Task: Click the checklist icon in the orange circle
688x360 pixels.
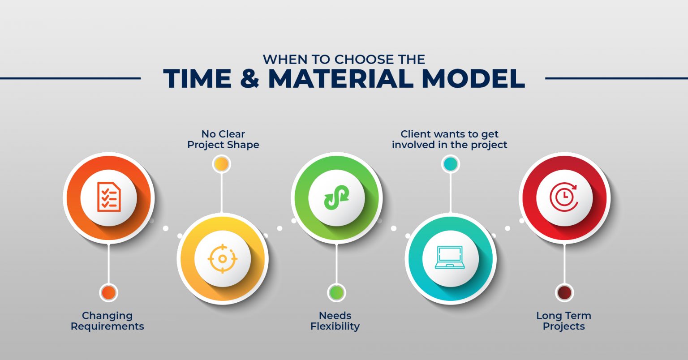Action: coord(108,197)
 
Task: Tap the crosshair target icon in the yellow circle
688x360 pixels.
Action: coord(222,258)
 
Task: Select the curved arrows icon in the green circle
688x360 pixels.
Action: coord(336,197)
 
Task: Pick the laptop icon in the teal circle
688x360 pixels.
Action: coord(450,258)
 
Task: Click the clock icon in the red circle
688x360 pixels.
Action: coord(564,197)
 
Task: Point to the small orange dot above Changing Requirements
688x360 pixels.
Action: coord(108,293)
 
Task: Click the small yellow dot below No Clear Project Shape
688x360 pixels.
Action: coord(221,164)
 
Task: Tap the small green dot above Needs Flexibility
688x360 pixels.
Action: coord(336,293)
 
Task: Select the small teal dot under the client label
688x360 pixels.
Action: coord(450,164)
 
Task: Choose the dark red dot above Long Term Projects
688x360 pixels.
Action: coord(564,293)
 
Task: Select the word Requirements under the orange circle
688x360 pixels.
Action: coord(107,326)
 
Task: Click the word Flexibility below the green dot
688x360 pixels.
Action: coord(335,326)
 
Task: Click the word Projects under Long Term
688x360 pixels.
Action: coord(563,326)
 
